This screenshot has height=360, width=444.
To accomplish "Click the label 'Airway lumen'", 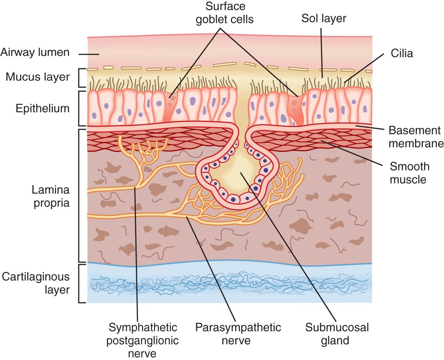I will pos(35,53).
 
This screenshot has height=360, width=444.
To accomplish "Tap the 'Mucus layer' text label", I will pos(38,77).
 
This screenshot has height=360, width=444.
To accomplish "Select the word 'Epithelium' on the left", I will pos(43,108).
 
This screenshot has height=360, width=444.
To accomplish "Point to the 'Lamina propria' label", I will pos(51,196).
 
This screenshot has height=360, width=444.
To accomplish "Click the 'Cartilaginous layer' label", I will pos(36,283).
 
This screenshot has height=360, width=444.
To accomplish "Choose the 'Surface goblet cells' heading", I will pos(224,13).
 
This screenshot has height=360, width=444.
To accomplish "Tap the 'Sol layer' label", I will pos(324,18).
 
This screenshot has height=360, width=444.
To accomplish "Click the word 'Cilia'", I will pos(401,53).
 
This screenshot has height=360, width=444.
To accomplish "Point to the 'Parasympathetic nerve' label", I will pos(238,333).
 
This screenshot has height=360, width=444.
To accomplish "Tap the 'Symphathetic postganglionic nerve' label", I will pos(143,340).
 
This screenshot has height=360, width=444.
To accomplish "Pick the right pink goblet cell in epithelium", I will pos(294,110).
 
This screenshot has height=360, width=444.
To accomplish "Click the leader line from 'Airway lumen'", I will pos(89,54).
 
